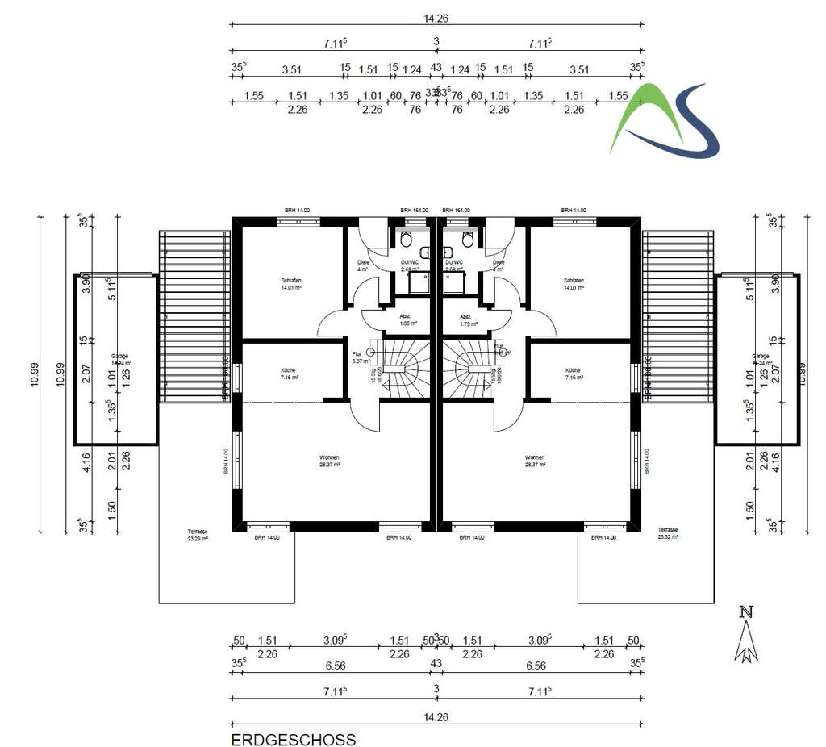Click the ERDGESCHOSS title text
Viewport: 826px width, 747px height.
click(x=293, y=739)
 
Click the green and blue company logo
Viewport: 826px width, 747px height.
click(x=664, y=121)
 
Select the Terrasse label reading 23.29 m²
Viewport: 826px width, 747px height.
click(x=198, y=535)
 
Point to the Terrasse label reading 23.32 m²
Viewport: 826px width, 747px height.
click(x=669, y=533)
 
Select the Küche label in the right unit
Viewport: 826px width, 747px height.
click(x=573, y=373)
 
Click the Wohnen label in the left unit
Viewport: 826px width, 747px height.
click(x=330, y=461)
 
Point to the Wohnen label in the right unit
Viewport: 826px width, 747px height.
click(x=535, y=461)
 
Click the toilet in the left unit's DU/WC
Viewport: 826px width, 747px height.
click(x=407, y=240)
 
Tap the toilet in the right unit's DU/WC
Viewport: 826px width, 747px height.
click(x=468, y=240)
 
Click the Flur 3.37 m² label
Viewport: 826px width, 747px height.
click(x=359, y=357)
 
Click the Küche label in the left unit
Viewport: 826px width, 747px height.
click(x=290, y=373)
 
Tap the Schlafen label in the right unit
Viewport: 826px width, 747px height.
click(x=573, y=283)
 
